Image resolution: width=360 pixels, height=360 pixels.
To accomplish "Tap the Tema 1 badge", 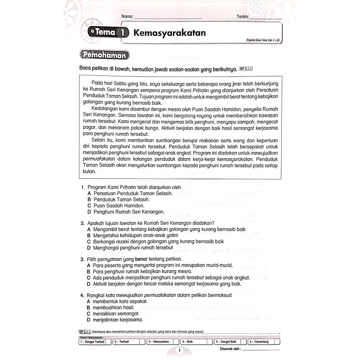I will click(107, 33).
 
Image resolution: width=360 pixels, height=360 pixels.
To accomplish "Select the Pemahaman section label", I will click(104, 55).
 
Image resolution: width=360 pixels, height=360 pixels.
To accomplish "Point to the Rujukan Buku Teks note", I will click(264, 41).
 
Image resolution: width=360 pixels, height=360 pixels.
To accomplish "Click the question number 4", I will click(82, 295).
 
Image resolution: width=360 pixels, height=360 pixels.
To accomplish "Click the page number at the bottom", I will click(180, 350).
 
